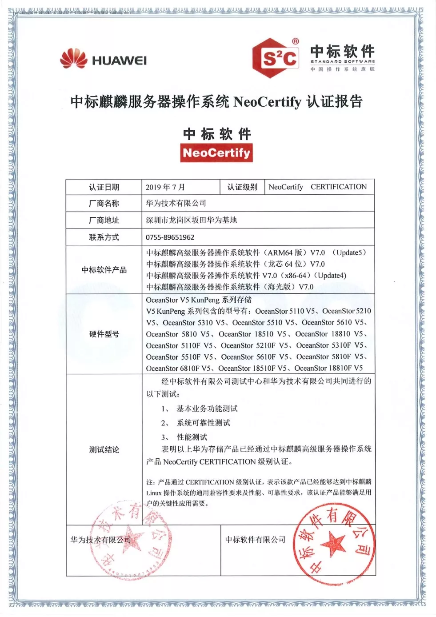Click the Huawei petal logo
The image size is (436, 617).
point(73,59)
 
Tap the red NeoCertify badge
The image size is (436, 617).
point(216,153)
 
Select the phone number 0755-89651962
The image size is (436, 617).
point(170,237)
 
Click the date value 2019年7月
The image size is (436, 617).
point(165,187)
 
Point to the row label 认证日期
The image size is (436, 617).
point(104,187)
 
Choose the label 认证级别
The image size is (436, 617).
point(242,187)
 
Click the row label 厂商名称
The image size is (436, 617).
point(104,204)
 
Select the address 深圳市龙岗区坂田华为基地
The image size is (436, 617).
point(191,220)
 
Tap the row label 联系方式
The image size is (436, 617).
point(104,237)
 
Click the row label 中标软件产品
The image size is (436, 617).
point(104,270)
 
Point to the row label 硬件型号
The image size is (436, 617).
point(104,334)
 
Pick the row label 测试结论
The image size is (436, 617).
point(104,449)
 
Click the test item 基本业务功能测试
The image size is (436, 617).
point(207,409)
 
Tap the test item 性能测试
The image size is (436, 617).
point(192,437)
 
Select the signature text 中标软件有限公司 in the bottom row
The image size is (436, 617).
point(255,540)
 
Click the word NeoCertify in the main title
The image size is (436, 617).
point(267,102)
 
